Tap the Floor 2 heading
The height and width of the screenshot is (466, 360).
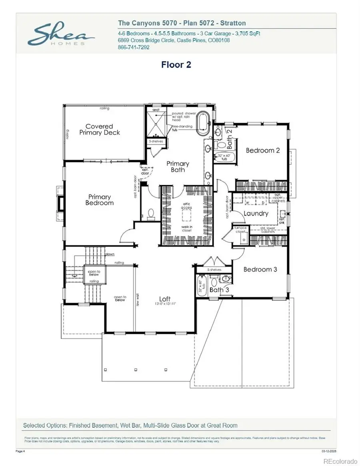coord(176,64)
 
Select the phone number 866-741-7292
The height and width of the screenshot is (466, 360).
coord(134,47)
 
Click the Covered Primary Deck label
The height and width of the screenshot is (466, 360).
coord(99,129)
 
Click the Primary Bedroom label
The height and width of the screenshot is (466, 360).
coord(99,200)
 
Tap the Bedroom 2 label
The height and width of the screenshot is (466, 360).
coord(262,150)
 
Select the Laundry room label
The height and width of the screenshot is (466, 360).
coord(256,214)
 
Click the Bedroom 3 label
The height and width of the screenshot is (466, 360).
coord(260,269)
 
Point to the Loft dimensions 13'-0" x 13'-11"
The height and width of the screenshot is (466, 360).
coord(165,304)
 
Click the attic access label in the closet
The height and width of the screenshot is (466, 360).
coord(186,206)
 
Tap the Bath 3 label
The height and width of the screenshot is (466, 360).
coord(219,290)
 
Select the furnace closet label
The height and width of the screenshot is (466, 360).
coord(240,230)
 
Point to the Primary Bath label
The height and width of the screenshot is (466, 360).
coord(178,166)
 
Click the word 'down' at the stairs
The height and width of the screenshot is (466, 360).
coord(110,254)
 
